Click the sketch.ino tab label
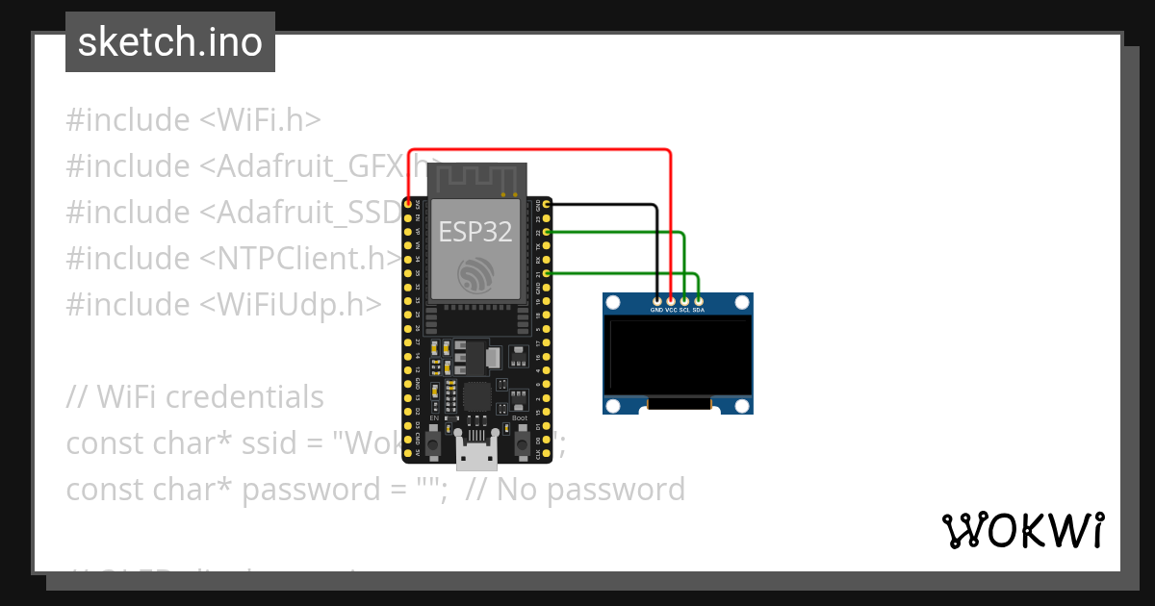[169, 42]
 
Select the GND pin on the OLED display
[657, 301]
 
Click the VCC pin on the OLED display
[671, 301]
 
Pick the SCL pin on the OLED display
[684, 301]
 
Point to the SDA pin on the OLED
[698, 301]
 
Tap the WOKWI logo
[1023, 530]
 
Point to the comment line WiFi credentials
[194, 396]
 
